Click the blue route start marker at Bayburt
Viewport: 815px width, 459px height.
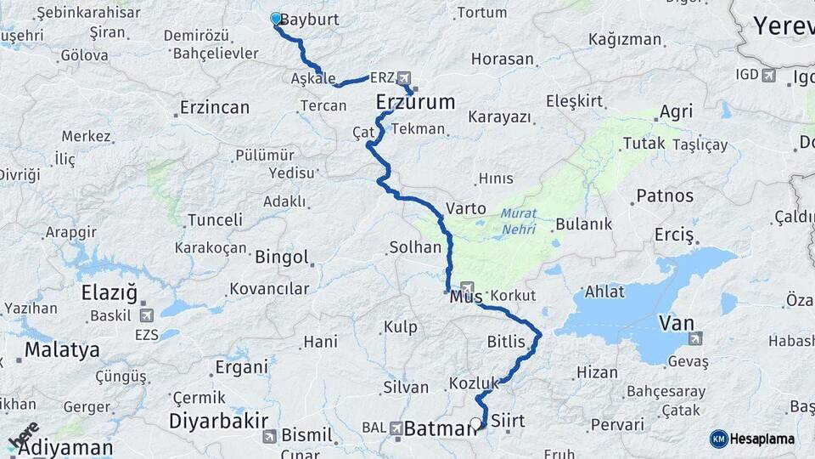pyautogui.click(x=275, y=18)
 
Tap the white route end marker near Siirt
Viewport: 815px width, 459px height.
pyautogui.click(x=475, y=422)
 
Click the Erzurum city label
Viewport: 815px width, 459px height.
pyautogui.click(x=415, y=103)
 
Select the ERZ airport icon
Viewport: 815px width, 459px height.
pyautogui.click(x=402, y=77)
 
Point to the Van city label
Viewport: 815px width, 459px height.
pyautogui.click(x=677, y=323)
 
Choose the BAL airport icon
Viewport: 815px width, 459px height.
pyautogui.click(x=396, y=428)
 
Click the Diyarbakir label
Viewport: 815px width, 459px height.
pyautogui.click(x=218, y=421)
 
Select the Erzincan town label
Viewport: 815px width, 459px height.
pyautogui.click(x=214, y=108)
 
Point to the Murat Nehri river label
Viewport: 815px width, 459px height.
pyautogui.click(x=518, y=221)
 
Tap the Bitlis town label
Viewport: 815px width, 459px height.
pyautogui.click(x=508, y=342)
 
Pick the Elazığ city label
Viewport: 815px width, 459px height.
pyautogui.click(x=109, y=293)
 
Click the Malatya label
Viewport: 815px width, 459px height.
pyautogui.click(x=62, y=349)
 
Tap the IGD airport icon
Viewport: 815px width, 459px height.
pyautogui.click(x=769, y=76)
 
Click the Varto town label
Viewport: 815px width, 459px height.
pyautogui.click(x=466, y=208)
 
